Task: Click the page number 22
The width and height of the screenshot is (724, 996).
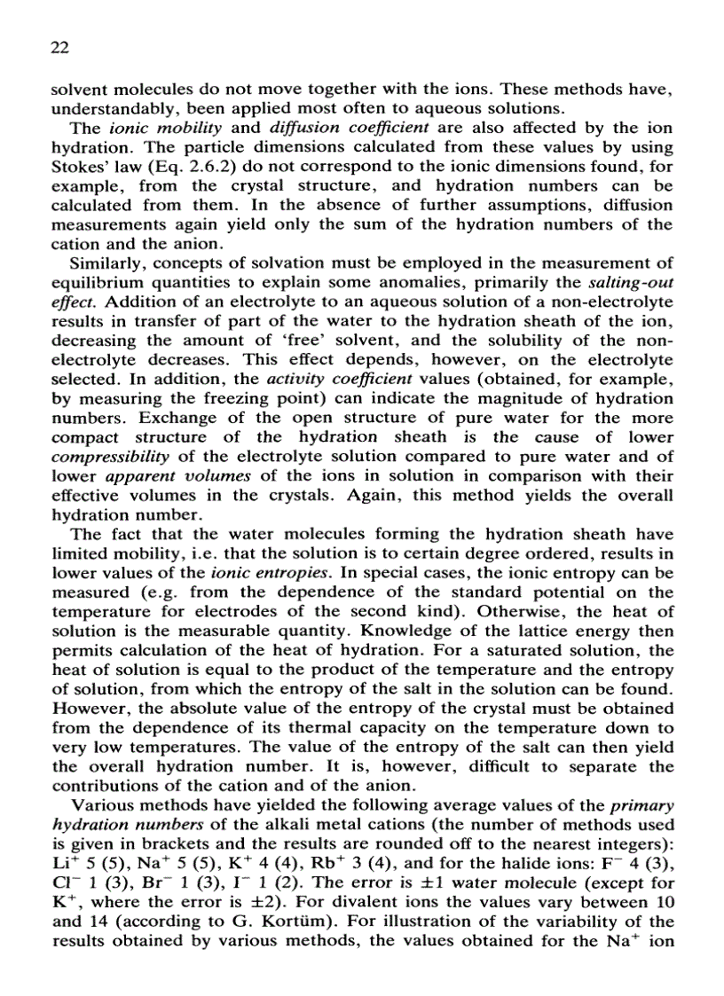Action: [59, 45]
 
